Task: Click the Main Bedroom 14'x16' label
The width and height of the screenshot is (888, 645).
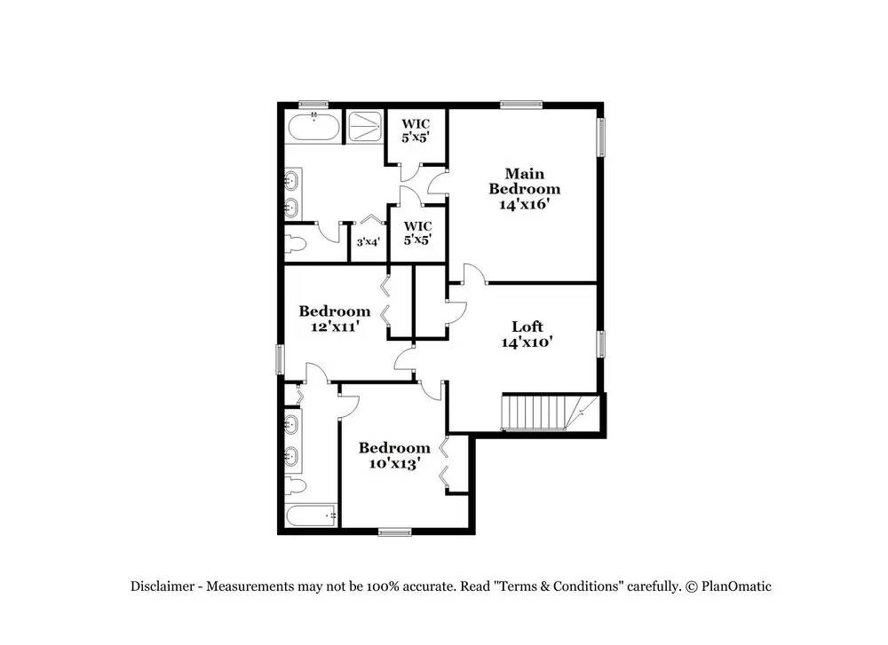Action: pyautogui.click(x=525, y=188)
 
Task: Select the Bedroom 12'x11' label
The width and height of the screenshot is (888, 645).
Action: pyautogui.click(x=335, y=318)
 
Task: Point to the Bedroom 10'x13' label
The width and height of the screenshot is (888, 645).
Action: pyautogui.click(x=393, y=455)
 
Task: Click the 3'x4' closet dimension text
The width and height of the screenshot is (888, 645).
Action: pyautogui.click(x=369, y=241)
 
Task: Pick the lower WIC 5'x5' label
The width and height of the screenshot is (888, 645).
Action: pyautogui.click(x=417, y=232)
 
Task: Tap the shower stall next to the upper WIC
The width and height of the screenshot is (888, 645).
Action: pyautogui.click(x=361, y=127)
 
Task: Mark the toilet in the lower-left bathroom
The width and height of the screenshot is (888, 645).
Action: pyautogui.click(x=297, y=486)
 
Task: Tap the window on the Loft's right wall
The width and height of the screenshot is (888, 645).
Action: pyautogui.click(x=601, y=343)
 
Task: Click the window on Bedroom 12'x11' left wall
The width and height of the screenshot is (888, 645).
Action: pyautogui.click(x=281, y=359)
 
